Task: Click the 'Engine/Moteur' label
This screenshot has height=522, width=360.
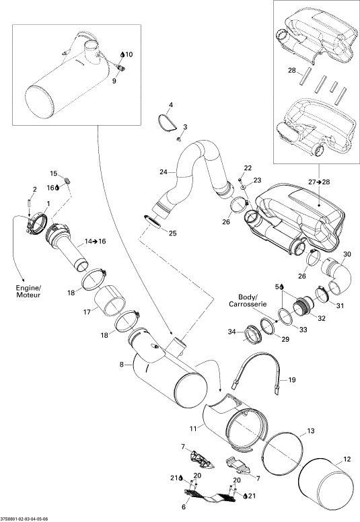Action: [28, 291]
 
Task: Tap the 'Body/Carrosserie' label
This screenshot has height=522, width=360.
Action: [248, 300]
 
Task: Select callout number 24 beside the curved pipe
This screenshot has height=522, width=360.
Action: [164, 172]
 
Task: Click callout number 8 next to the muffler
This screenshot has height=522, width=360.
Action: [122, 365]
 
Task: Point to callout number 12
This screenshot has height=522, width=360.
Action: [347, 459]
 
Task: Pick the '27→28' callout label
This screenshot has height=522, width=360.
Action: [319, 182]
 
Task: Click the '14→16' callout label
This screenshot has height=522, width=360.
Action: [96, 241]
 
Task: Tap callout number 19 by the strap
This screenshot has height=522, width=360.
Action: [292, 380]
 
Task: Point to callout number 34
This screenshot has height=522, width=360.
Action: [231, 332]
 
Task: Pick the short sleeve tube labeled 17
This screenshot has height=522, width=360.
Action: [110, 300]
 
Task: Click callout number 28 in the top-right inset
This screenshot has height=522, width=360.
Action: [292, 70]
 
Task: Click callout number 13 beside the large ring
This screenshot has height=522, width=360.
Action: [310, 431]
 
